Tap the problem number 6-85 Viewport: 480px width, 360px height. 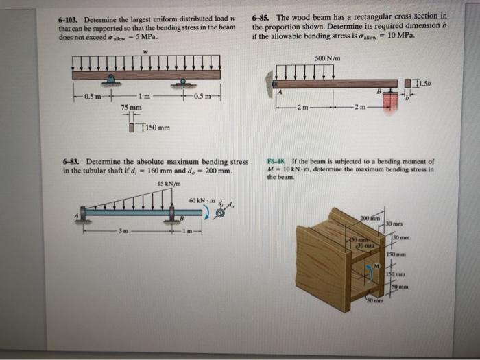pyautogui.click(x=261, y=16)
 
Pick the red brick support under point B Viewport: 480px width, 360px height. pyautogui.click(x=391, y=100)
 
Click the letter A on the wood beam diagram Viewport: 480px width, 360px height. pyautogui.click(x=279, y=92)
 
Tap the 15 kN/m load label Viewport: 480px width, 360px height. pyautogui.click(x=168, y=183)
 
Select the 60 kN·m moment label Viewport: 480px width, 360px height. pyautogui.click(x=201, y=200)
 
